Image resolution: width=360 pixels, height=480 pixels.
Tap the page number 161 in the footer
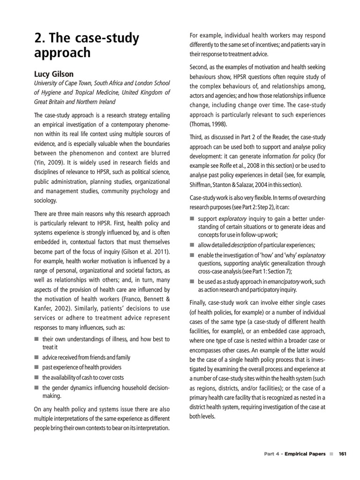(342, 454)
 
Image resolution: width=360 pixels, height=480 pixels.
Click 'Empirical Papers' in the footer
(305, 454)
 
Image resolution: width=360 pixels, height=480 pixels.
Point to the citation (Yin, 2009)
(49, 163)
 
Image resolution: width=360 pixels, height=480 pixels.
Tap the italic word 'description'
(243, 245)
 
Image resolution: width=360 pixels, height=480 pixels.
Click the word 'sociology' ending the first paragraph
(45, 201)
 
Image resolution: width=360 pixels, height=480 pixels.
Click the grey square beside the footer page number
(331, 454)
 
